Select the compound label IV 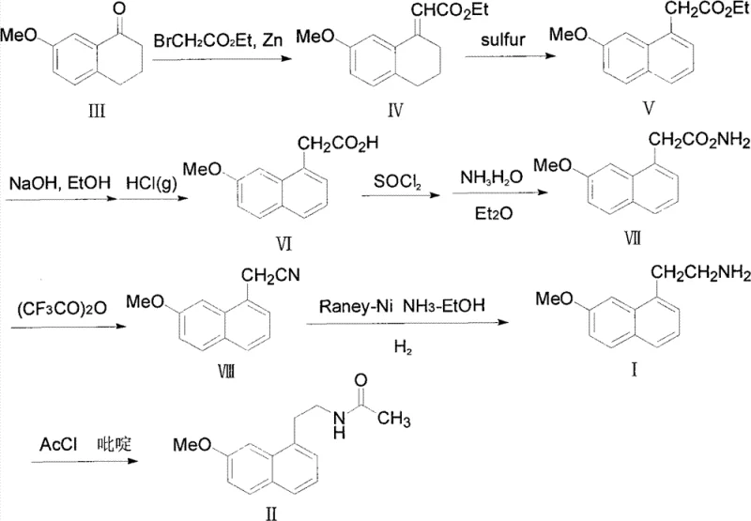pos(395,113)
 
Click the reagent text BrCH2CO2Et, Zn pos(209,40)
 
